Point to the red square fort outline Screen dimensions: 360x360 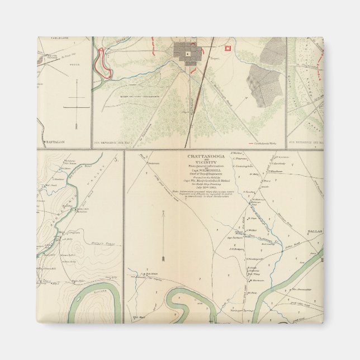click(227, 49)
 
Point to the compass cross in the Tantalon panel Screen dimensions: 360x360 click(75, 106)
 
